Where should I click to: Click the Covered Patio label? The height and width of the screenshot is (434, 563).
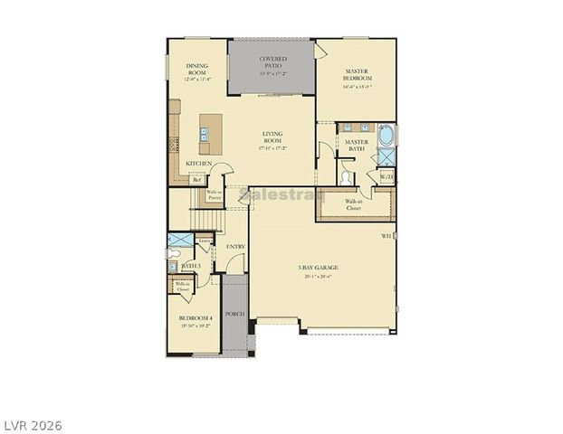272,62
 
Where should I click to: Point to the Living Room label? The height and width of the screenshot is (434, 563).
272,137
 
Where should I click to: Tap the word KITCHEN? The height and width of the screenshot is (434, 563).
199,164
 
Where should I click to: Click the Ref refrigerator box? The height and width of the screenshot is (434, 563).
196,180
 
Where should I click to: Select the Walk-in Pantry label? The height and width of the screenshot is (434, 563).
215,194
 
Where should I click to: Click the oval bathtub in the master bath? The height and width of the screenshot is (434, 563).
386,138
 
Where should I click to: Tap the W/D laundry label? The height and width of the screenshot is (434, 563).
386,177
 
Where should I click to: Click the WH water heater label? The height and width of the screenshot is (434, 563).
386,236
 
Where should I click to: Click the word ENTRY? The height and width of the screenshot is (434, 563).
235,246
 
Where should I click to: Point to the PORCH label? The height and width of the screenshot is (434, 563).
235,313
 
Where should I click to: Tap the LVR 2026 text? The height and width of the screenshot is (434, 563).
32,423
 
